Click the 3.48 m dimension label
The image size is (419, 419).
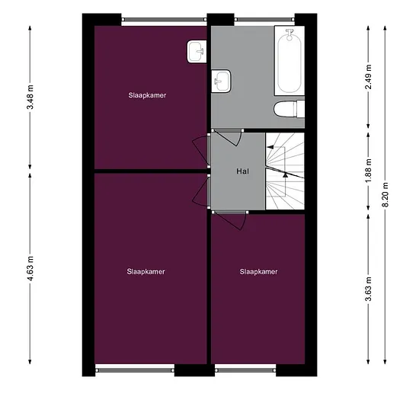[x=30, y=97]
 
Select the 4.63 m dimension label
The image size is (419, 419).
[x=30, y=268]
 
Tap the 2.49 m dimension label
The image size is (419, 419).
[x=369, y=77]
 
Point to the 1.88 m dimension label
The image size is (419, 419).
[x=369, y=171]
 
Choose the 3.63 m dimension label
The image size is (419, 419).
[x=369, y=289]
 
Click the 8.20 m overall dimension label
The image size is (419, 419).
[x=385, y=194]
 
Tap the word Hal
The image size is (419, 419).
[x=242, y=171]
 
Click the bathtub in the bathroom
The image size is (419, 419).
[x=289, y=61]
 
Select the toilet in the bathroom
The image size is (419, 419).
[x=289, y=109]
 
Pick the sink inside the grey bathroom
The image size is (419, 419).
[x=221, y=82]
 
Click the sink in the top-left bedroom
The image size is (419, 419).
[x=197, y=52]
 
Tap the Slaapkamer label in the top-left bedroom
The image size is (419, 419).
[x=147, y=95]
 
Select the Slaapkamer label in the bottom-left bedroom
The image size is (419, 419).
[x=146, y=272]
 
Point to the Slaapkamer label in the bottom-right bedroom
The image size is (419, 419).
[x=259, y=272]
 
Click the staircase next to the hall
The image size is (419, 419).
[x=285, y=171]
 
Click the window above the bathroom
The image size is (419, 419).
[x=264, y=20]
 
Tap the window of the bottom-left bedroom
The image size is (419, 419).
[x=135, y=370]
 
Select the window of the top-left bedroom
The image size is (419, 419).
[x=165, y=20]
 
